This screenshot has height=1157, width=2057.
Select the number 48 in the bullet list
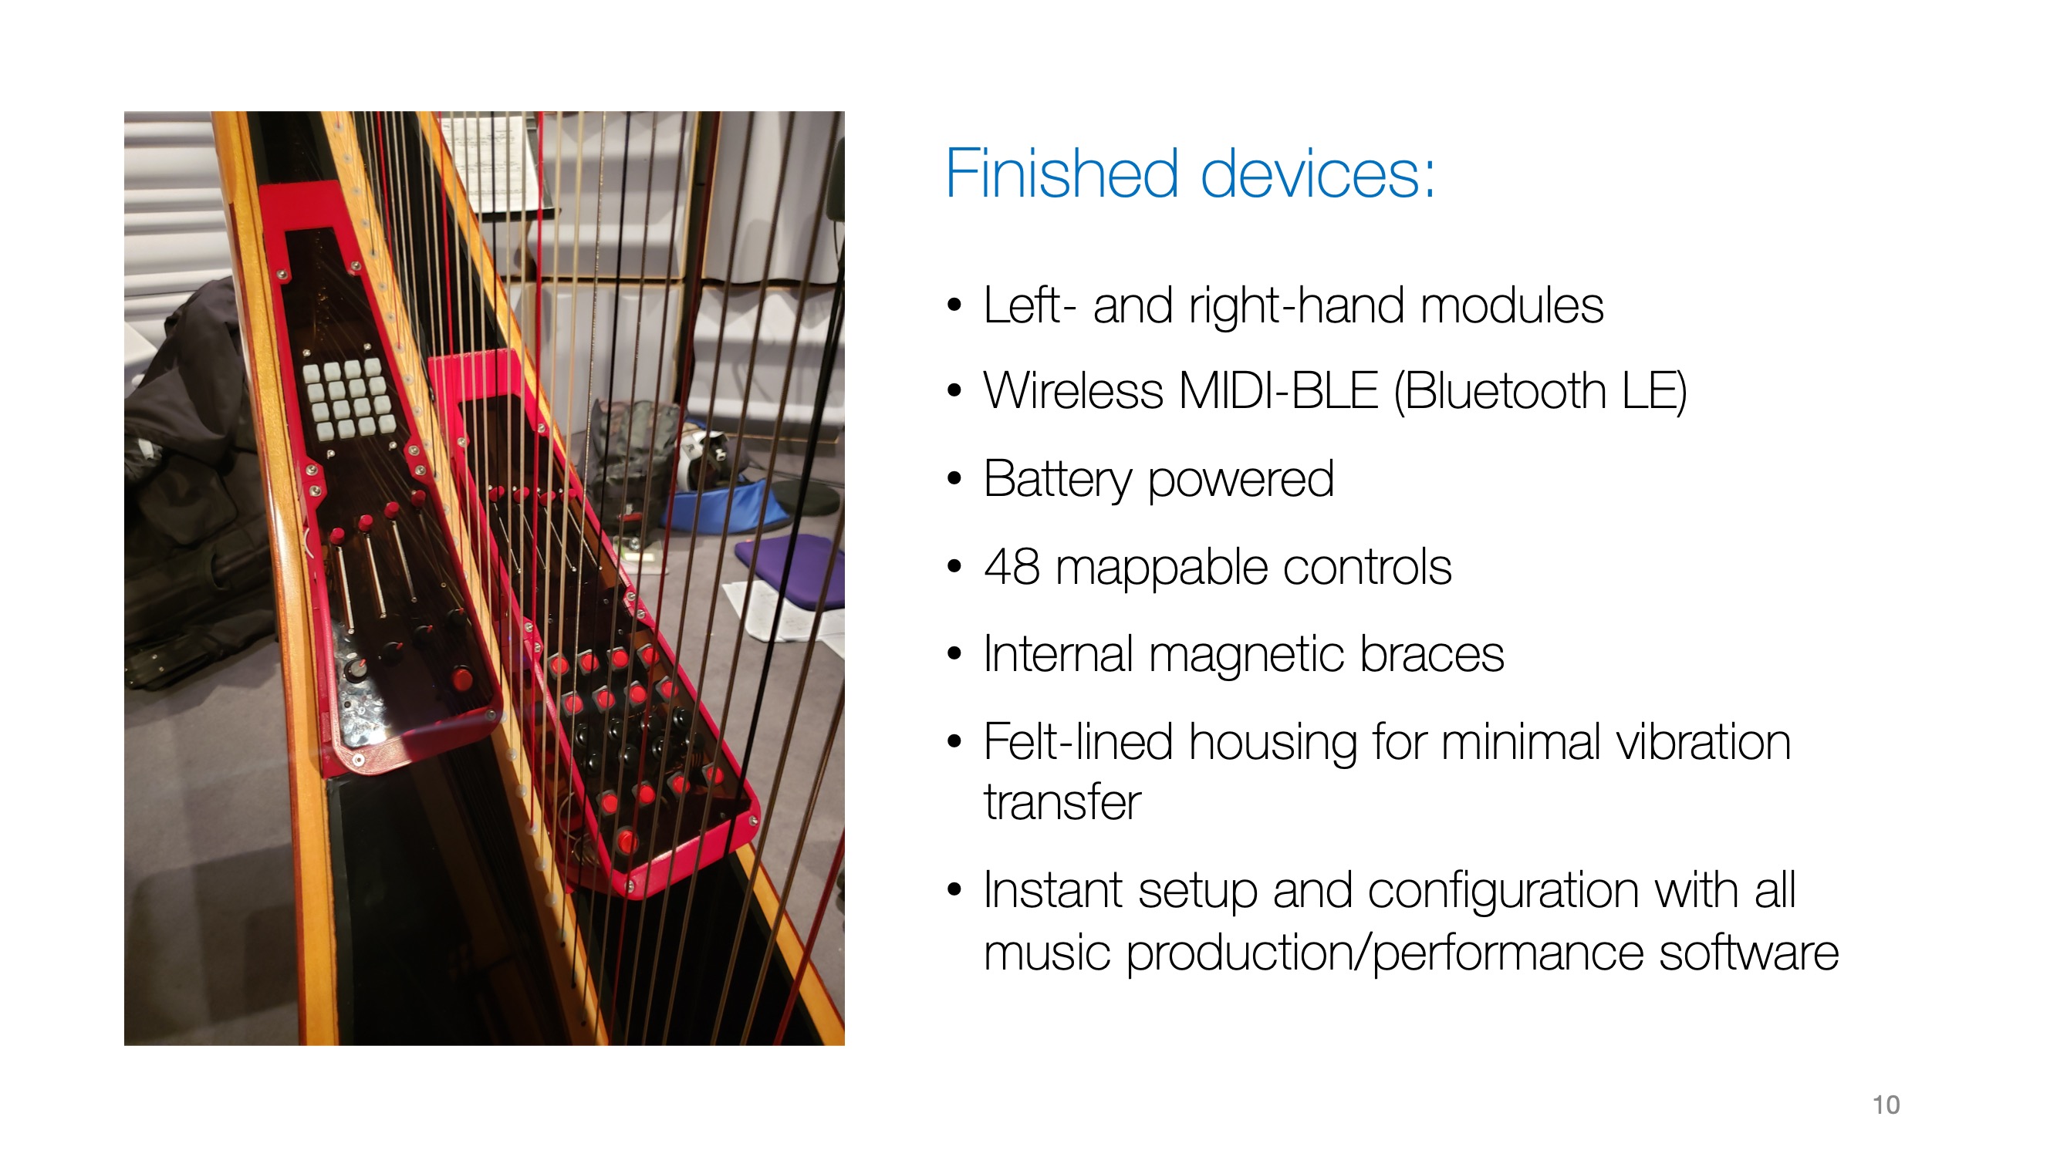point(1012,568)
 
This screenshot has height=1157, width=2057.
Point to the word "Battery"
point(1058,480)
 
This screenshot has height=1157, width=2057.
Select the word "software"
point(1749,953)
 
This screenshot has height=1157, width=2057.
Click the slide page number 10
point(1886,1105)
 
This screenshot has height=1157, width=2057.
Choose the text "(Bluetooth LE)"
point(1540,392)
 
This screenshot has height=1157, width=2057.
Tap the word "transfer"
point(1062,802)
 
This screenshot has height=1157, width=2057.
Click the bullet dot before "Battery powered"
point(954,480)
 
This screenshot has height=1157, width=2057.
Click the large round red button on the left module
point(461,680)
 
